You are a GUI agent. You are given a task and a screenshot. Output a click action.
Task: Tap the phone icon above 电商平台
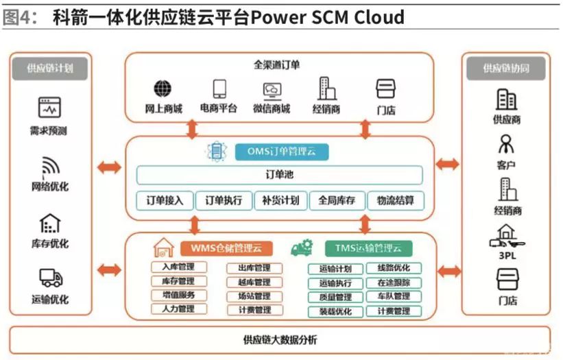219,88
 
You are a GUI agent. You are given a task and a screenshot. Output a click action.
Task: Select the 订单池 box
279,176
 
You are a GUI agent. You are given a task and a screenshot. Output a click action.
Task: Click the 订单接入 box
165,200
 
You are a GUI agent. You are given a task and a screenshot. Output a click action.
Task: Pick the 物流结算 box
395,200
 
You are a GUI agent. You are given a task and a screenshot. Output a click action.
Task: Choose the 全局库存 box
337,200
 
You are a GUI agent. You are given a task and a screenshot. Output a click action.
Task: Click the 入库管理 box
178,267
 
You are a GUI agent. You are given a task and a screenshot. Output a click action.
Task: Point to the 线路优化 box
394,268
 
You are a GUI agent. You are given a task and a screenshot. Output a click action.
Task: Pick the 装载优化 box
335,311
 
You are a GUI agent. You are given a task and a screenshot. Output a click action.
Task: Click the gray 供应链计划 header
50,68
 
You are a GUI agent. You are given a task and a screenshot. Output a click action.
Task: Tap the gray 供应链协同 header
506,68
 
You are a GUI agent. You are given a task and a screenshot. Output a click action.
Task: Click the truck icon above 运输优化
50,278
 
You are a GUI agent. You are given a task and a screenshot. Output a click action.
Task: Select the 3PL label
507,254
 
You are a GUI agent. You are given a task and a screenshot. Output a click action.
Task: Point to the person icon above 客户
506,144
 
